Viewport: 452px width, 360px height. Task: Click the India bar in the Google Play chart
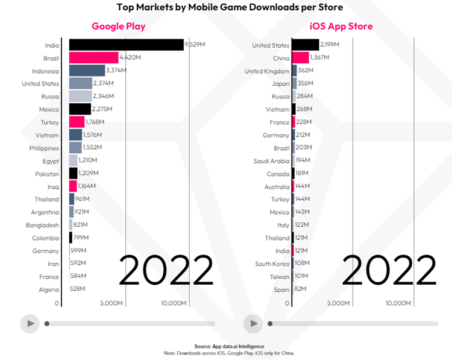pos(126,45)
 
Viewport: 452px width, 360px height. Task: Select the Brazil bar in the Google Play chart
pos(93,58)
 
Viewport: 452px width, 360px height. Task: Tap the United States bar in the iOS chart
pos(306,45)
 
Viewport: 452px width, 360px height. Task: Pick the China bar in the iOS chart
pos(300,58)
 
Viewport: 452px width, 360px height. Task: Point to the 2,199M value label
pos(330,45)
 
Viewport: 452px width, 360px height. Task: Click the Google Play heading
pos(118,27)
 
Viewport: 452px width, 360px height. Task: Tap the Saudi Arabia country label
pos(271,160)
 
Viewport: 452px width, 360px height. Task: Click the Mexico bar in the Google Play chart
pos(80,109)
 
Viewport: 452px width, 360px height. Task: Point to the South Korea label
pos(272,264)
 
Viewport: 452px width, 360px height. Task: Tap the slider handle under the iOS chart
pos(270,324)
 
